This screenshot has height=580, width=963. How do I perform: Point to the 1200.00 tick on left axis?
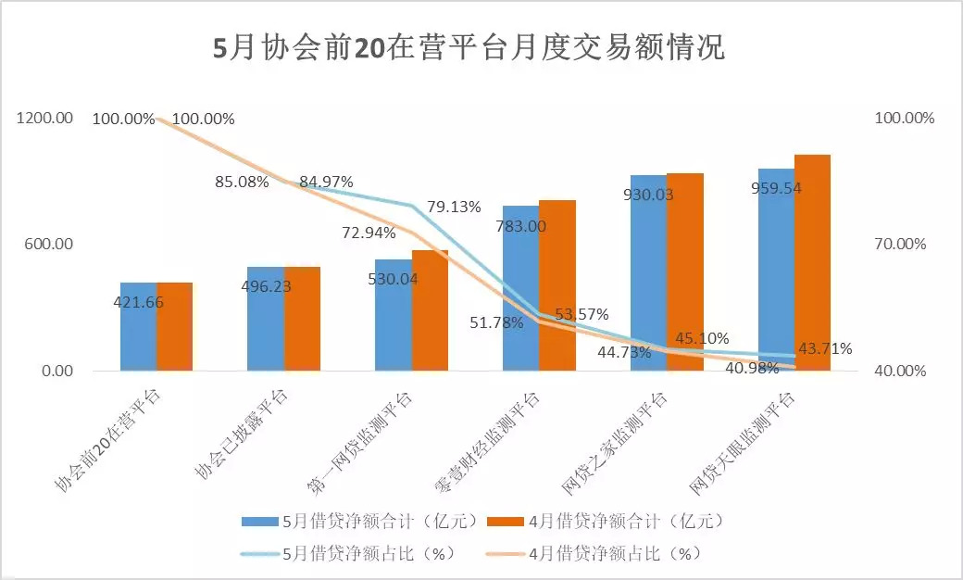click(x=44, y=119)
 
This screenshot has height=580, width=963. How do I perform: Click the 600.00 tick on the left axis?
click(x=48, y=245)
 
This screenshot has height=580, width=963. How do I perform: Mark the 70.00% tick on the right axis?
click(x=905, y=245)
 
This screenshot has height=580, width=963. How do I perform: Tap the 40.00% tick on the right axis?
click(x=905, y=371)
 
